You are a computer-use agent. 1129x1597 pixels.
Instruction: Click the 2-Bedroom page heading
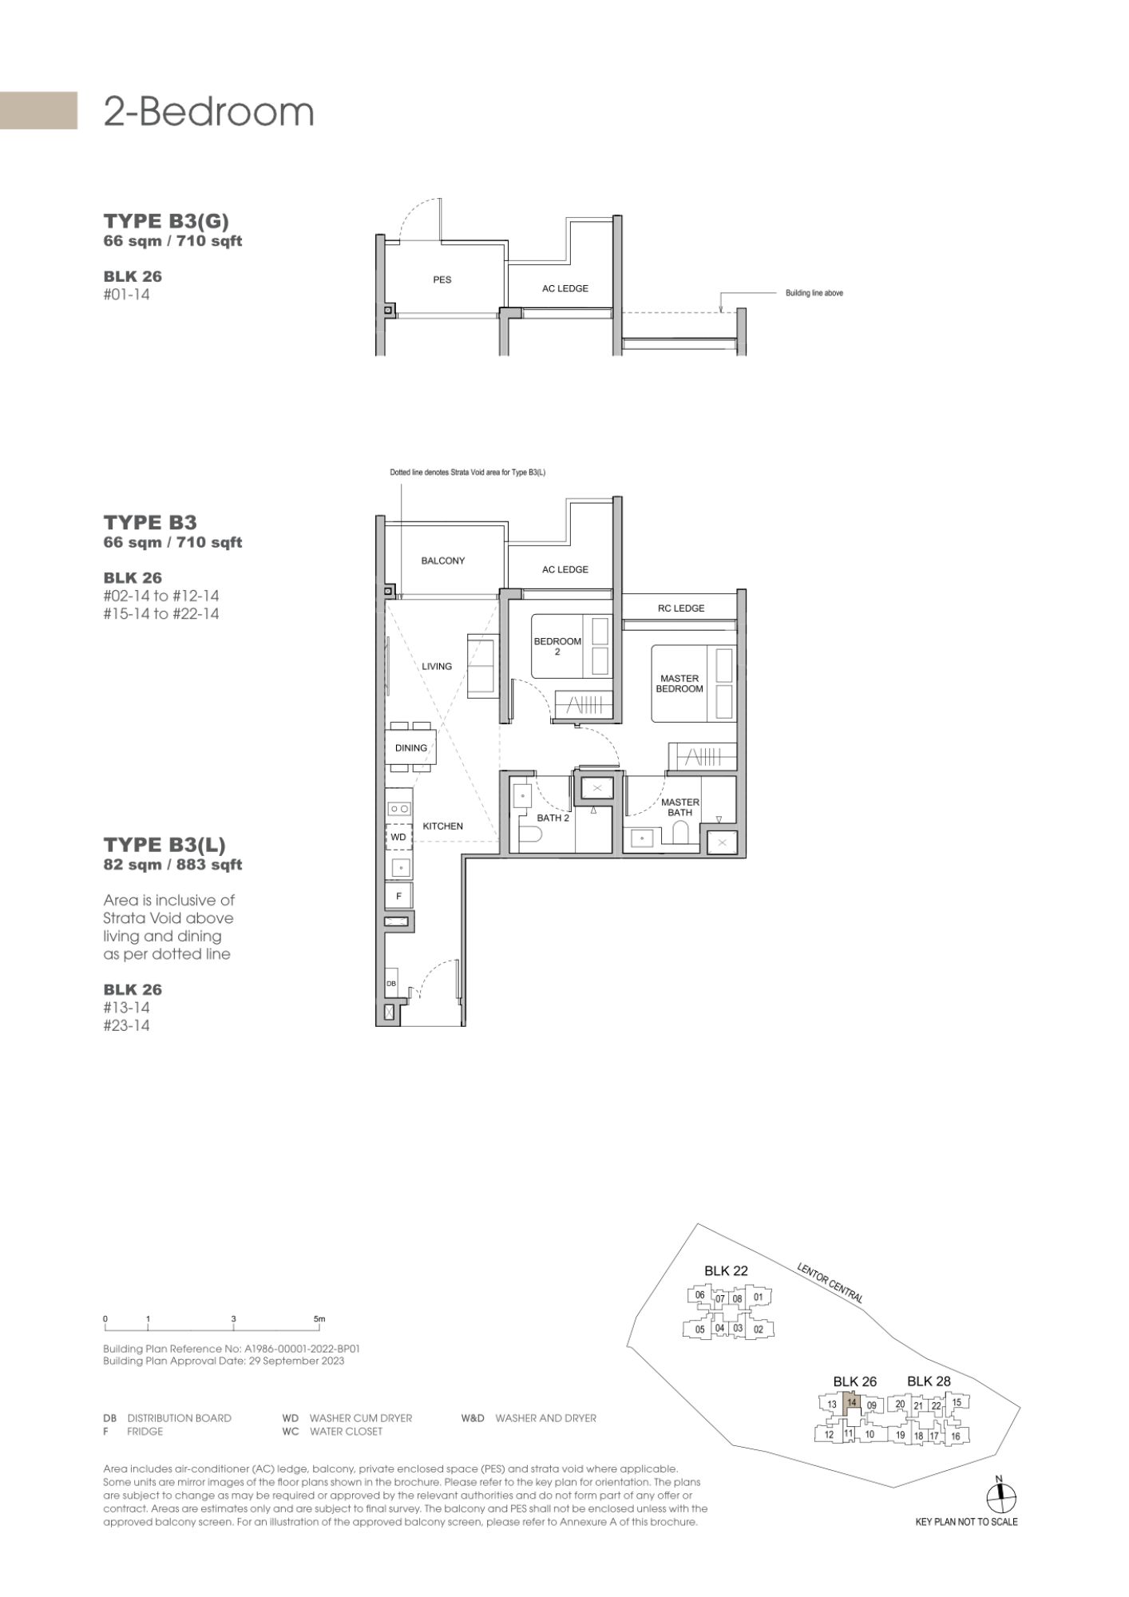coord(209,113)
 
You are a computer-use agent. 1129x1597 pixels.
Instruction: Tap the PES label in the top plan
coord(442,279)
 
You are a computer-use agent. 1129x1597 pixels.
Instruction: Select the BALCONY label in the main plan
coord(443,561)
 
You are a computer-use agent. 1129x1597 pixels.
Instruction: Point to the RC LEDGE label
coord(681,608)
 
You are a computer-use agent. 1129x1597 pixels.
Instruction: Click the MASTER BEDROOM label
coord(679,684)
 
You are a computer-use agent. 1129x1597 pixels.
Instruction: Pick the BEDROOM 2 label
coord(557,646)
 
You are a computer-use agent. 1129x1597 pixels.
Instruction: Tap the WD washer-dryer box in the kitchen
coord(398,837)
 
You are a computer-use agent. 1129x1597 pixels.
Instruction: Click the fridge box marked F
coord(398,896)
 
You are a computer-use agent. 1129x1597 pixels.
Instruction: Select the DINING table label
coord(411,748)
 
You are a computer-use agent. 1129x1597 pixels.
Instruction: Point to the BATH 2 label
coord(553,818)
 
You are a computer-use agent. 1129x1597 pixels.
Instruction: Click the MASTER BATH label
coord(680,807)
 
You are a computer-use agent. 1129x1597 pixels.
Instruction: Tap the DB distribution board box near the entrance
coord(391,984)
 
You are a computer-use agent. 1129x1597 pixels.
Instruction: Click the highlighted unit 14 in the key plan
coord(852,1402)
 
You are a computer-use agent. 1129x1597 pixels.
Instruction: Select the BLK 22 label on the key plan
coord(726,1270)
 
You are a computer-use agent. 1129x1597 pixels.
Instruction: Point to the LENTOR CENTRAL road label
coord(830,1283)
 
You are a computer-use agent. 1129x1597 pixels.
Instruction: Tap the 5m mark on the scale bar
coord(319,1319)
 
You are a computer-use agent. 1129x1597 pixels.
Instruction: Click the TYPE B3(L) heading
coord(164,845)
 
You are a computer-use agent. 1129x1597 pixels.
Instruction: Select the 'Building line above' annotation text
coord(814,293)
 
